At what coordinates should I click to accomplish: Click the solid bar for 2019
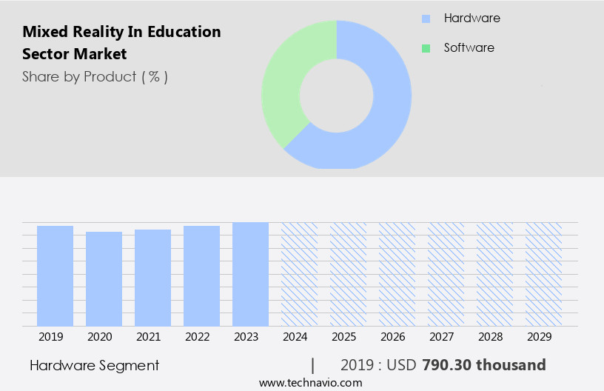tap(56, 275)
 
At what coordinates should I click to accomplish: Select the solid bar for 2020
tap(104, 278)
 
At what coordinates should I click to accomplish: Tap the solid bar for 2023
tap(250, 274)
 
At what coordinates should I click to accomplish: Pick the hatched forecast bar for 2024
tap(299, 274)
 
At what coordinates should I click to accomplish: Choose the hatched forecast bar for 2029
tap(543, 274)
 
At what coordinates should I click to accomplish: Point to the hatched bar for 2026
tap(397, 274)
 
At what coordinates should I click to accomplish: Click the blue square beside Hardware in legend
tap(426, 19)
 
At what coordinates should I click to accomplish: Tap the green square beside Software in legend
tap(426, 48)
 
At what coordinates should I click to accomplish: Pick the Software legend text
tap(469, 47)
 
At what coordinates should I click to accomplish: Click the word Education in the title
tap(185, 32)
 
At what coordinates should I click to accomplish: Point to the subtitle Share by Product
tap(95, 76)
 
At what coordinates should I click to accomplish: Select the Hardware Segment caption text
tap(95, 365)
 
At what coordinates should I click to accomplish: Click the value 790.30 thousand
tap(483, 365)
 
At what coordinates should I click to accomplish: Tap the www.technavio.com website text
tap(311, 383)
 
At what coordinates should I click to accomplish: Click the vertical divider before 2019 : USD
tap(313, 365)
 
